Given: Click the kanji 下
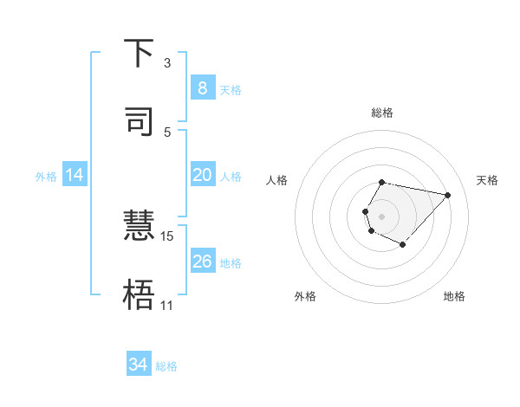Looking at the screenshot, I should (x=139, y=54).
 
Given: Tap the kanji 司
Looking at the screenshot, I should (x=139, y=122).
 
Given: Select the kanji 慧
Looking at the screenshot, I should (x=139, y=227).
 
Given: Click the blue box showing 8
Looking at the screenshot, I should (x=202, y=88).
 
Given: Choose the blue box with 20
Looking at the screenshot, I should (x=202, y=175).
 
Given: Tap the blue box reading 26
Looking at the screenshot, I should (x=202, y=262).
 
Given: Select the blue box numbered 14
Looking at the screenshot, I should (x=75, y=175).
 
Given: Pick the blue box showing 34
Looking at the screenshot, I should (x=138, y=365).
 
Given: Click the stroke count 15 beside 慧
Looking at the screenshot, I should (x=167, y=236).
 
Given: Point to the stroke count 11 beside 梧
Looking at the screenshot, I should (x=166, y=305).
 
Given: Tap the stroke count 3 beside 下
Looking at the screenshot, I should (x=166, y=62).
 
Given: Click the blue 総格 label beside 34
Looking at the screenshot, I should (x=166, y=366).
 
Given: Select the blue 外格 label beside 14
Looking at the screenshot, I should (x=46, y=176).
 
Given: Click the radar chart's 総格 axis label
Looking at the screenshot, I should (x=381, y=113).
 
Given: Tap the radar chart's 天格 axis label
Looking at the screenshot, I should (x=488, y=180).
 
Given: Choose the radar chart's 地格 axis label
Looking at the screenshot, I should (x=454, y=296).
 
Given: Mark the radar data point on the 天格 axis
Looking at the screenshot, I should (x=447, y=195).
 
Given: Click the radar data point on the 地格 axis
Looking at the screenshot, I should (x=402, y=245).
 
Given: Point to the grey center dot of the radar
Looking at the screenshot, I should (x=381, y=216).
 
